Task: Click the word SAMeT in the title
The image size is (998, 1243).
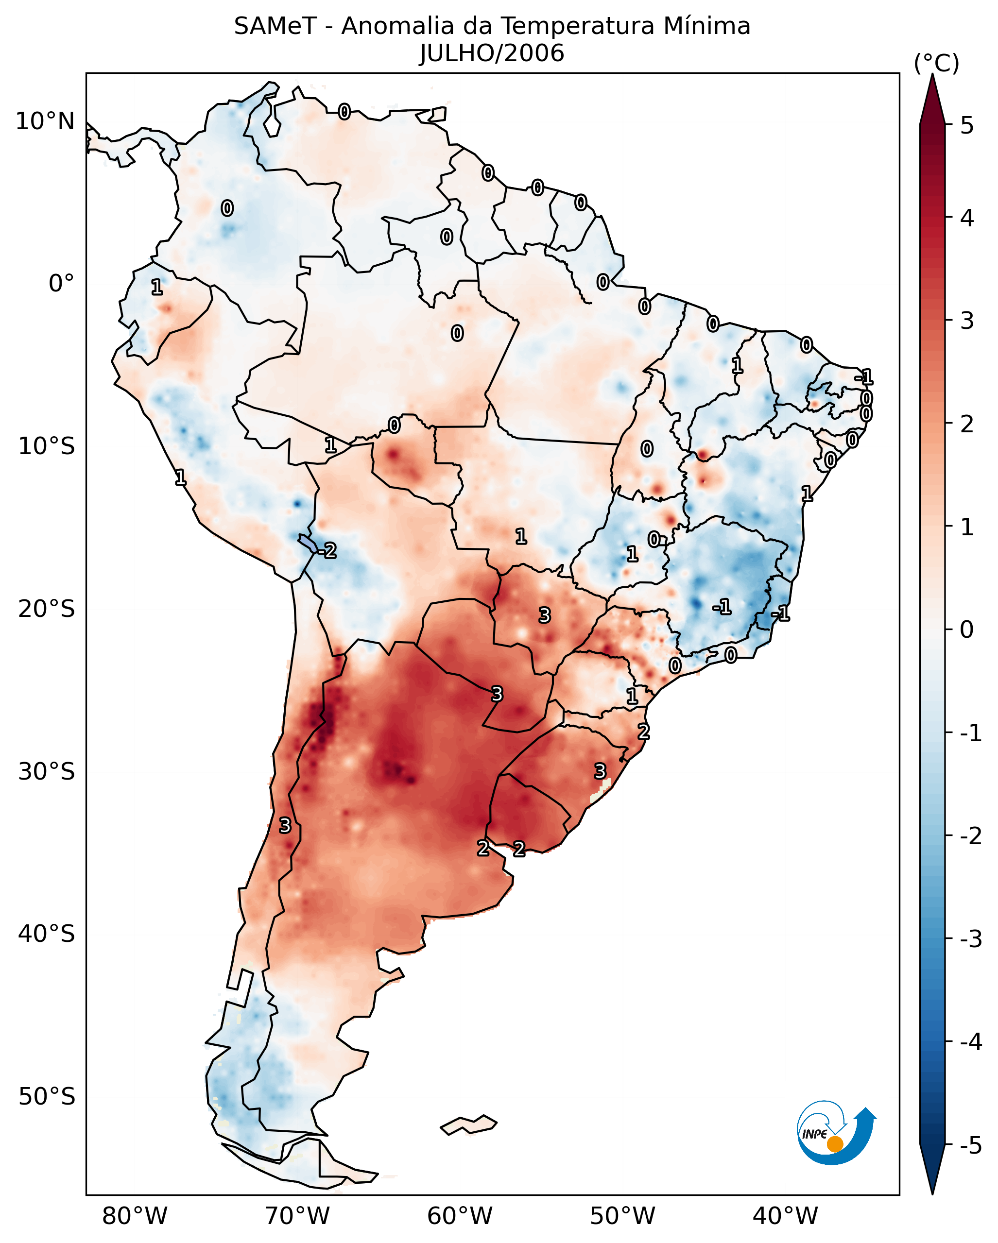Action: pos(275,27)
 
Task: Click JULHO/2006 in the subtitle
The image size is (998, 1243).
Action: pos(492,53)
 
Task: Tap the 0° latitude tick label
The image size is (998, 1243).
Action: pos(61,284)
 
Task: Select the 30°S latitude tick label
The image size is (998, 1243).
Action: pos(46,771)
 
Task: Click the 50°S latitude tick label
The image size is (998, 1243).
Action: pos(46,1097)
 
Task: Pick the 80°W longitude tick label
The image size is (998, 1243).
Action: pos(134,1216)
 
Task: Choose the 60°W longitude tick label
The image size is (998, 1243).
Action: pos(460,1216)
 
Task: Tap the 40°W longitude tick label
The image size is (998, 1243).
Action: pos(785,1216)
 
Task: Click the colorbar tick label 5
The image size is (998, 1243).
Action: pos(967,126)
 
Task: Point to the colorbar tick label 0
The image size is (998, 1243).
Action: pos(967,629)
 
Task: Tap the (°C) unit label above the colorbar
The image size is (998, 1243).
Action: pos(936,64)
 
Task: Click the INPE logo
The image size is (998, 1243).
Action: pos(836,1133)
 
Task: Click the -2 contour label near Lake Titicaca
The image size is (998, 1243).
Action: pos(327,551)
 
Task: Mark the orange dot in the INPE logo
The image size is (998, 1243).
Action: pos(835,1144)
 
